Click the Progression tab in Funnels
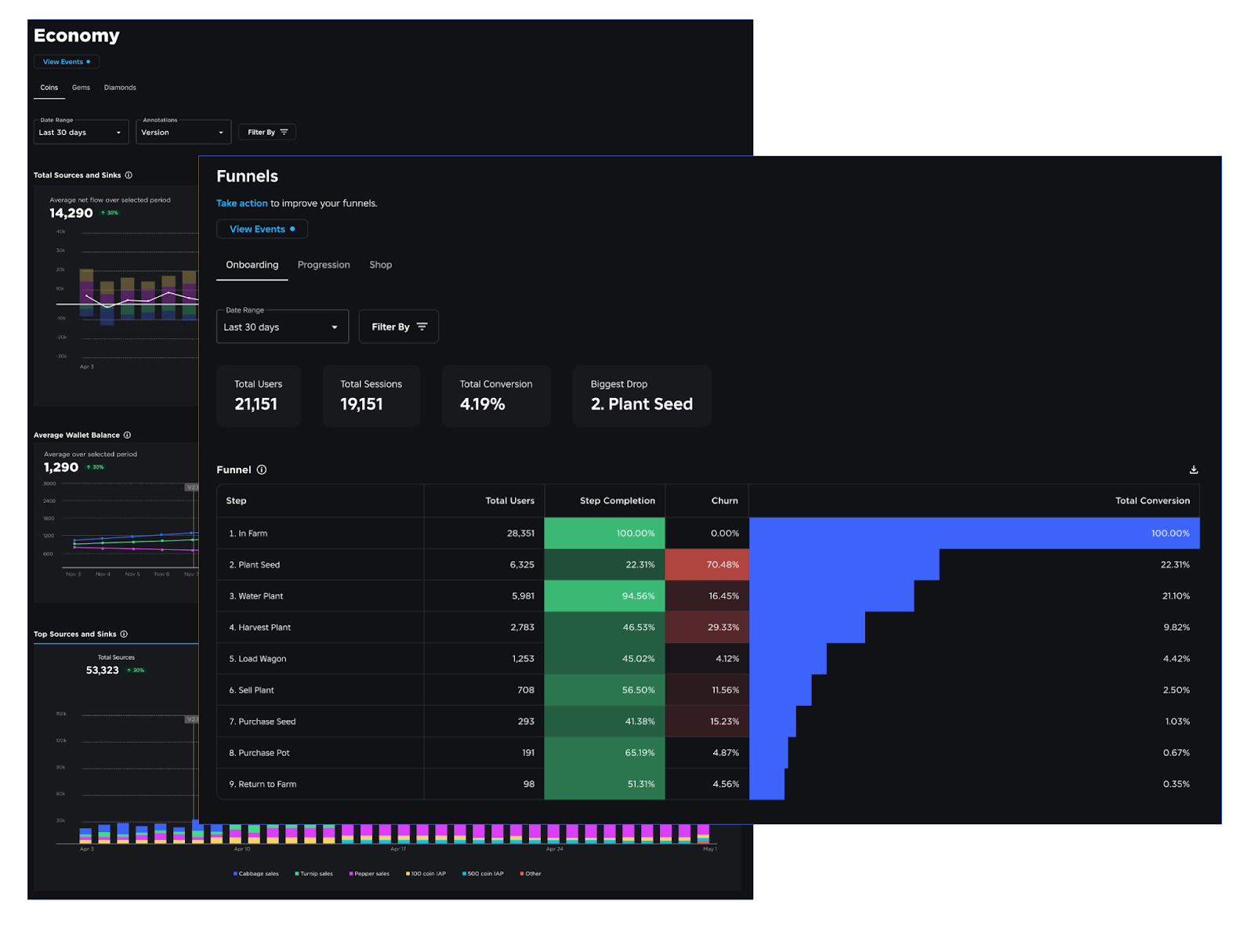tap(324, 265)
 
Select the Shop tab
tap(380, 265)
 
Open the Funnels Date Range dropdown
tap(282, 327)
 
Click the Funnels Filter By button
tap(398, 327)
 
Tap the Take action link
tap(241, 203)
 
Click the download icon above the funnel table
tap(1193, 470)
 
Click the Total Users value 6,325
tap(521, 565)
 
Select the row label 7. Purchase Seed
tap(263, 722)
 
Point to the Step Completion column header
tap(617, 501)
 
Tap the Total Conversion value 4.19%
tap(482, 404)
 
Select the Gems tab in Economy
tap(81, 88)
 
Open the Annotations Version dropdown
tap(183, 132)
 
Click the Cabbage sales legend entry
tap(256, 874)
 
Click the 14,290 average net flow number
tap(71, 213)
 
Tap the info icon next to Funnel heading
tap(262, 470)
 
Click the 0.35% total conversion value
tap(1176, 784)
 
